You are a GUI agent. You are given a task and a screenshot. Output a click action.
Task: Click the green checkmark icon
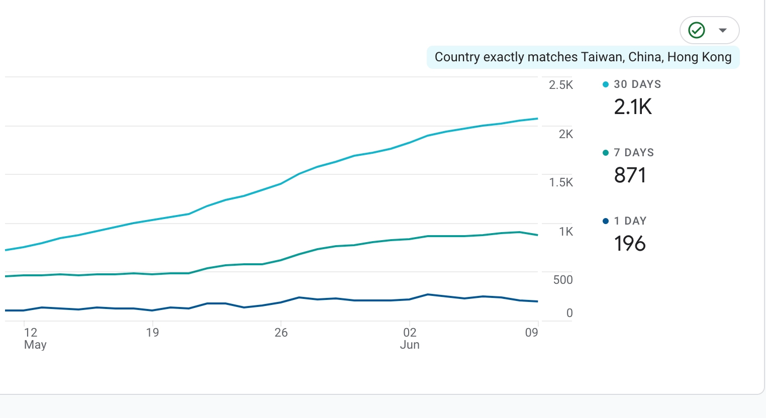(x=697, y=30)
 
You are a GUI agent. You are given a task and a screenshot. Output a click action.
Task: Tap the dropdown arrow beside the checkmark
(x=723, y=30)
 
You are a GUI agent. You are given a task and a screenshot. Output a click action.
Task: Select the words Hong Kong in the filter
(x=699, y=57)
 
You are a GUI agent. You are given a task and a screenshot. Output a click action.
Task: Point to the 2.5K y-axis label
(x=561, y=85)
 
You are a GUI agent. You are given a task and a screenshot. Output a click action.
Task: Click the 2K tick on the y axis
(x=565, y=134)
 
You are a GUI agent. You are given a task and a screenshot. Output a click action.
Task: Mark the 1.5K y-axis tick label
(x=561, y=182)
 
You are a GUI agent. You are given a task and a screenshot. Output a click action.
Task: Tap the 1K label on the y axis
(x=565, y=232)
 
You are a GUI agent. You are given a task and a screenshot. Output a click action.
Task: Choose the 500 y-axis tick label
(x=563, y=280)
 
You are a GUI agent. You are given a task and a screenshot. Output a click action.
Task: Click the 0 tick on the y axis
(x=569, y=313)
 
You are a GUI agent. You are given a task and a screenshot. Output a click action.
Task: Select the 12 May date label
(x=33, y=338)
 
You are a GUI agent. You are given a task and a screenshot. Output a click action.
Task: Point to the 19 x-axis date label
(x=152, y=333)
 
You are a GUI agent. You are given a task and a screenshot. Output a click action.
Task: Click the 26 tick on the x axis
(x=281, y=333)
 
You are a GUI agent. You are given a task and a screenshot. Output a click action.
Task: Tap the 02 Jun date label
(x=410, y=338)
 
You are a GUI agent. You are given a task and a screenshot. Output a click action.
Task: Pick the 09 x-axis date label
(x=531, y=333)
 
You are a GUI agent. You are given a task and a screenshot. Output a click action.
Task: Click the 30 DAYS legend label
(x=637, y=84)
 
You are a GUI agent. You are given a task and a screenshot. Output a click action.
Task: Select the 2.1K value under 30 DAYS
(x=633, y=107)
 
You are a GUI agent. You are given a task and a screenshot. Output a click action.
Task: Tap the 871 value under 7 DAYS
(x=630, y=175)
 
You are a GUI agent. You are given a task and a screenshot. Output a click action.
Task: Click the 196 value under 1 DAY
(x=630, y=244)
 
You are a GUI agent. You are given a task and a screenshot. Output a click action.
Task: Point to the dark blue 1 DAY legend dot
(x=606, y=221)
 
